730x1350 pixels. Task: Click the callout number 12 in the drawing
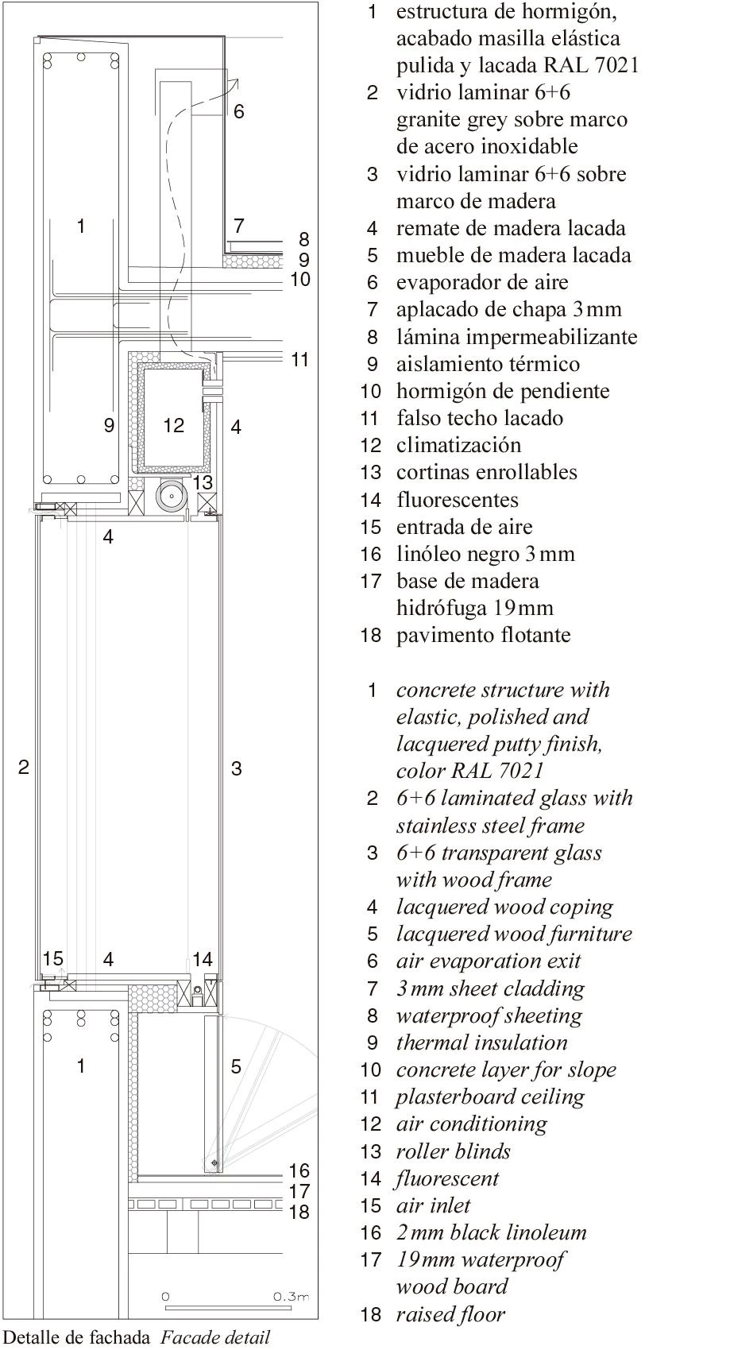click(173, 425)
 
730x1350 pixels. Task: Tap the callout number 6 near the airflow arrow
click(239, 111)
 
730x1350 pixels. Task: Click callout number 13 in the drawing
click(203, 482)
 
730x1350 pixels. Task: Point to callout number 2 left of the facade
click(24, 767)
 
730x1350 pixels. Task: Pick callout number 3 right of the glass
click(237, 768)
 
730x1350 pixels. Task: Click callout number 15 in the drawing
click(53, 958)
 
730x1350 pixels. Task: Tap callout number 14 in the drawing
click(203, 959)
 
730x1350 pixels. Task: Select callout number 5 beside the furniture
click(236, 1067)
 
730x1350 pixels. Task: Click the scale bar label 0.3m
click(292, 1296)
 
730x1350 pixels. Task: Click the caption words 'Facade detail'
click(215, 1337)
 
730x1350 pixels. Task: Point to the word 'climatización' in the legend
click(459, 446)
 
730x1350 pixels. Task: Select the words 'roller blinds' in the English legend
click(454, 1151)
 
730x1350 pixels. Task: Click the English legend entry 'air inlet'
click(434, 1205)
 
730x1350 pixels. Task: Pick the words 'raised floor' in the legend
click(450, 1313)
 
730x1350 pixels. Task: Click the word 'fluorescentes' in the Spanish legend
click(458, 500)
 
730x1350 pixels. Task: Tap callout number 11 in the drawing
click(300, 360)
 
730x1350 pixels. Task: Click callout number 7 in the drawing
click(239, 226)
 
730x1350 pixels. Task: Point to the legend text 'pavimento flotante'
click(484, 635)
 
